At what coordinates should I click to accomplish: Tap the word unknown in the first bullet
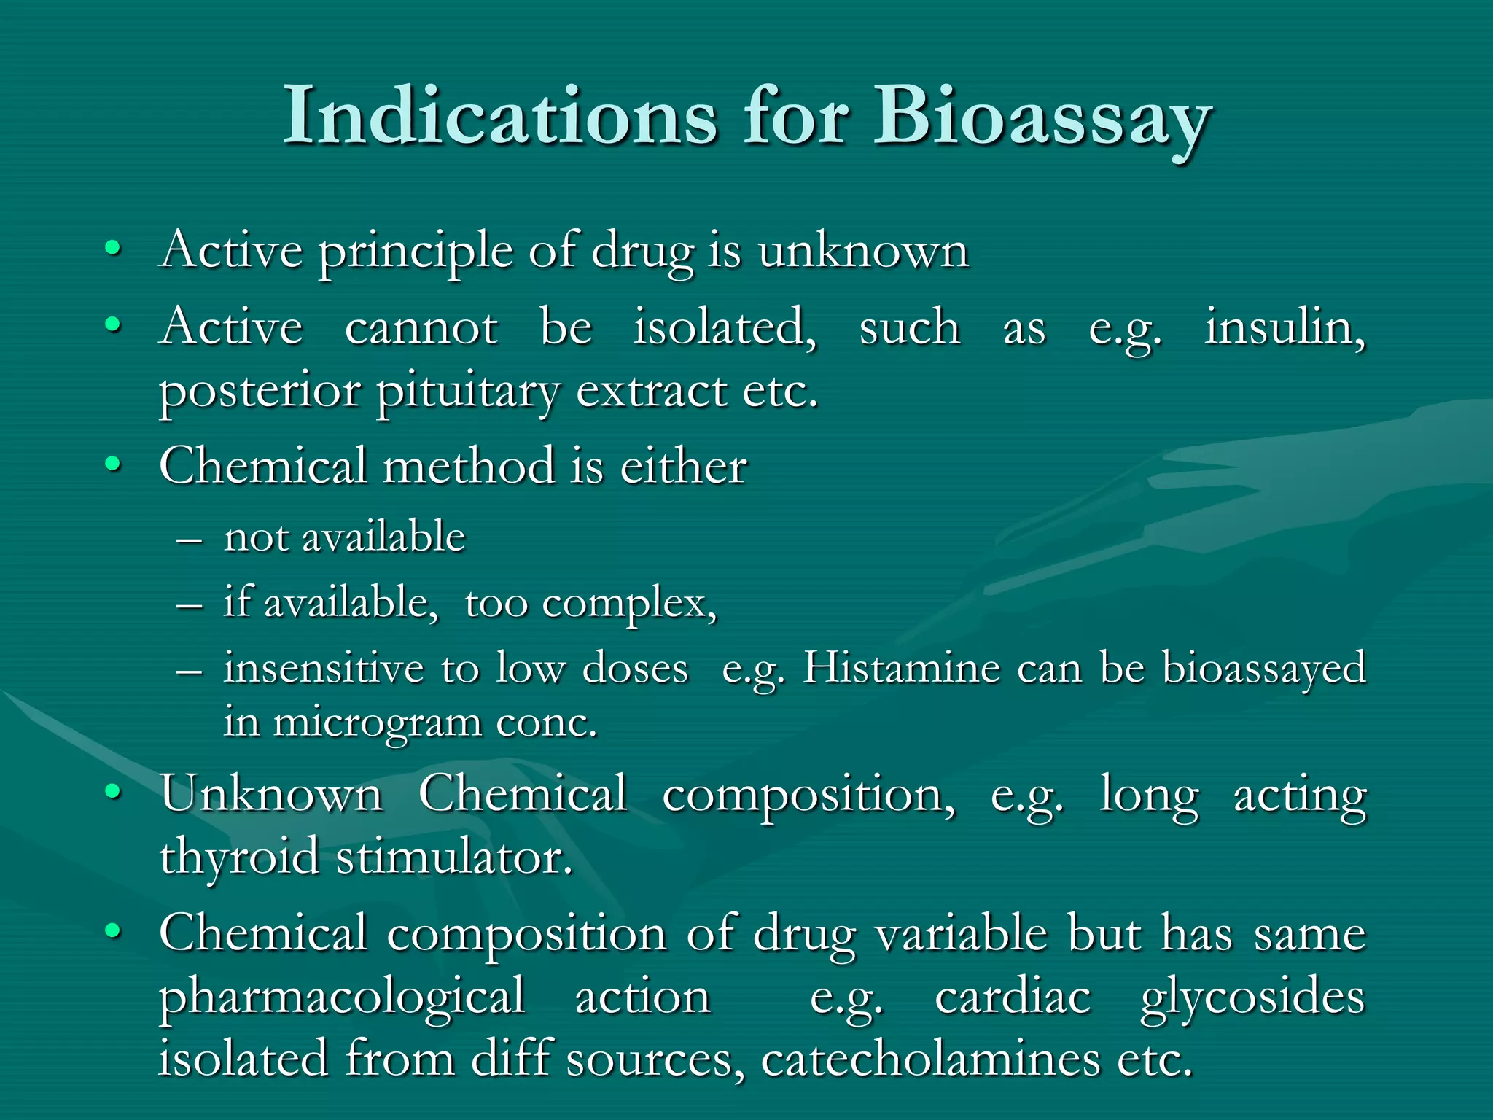863,252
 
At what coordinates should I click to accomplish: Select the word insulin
1285,327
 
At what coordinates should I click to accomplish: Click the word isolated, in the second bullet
725,327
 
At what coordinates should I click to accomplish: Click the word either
683,467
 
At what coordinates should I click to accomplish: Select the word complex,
630,604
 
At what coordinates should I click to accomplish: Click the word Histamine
901,668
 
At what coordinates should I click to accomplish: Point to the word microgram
377,724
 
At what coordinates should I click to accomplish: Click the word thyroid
238,857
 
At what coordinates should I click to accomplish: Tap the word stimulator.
454,857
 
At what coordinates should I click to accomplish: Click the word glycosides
1252,997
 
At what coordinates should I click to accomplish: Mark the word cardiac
1013,997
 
